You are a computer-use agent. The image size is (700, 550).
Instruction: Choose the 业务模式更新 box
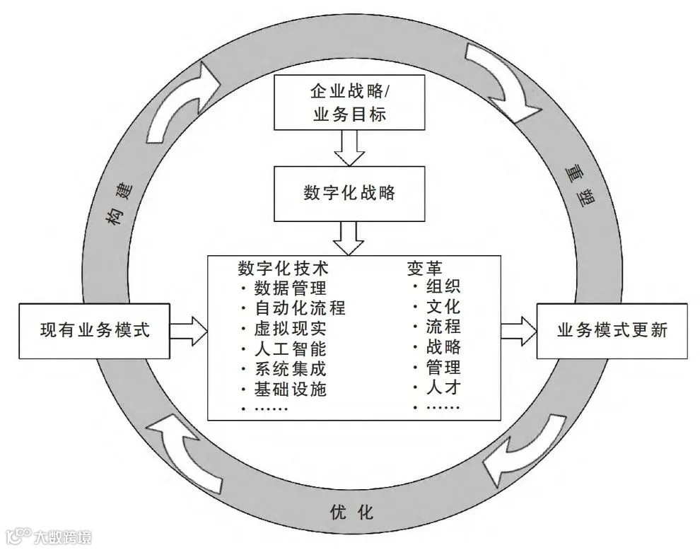612,330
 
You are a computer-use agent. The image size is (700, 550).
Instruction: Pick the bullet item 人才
443,387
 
